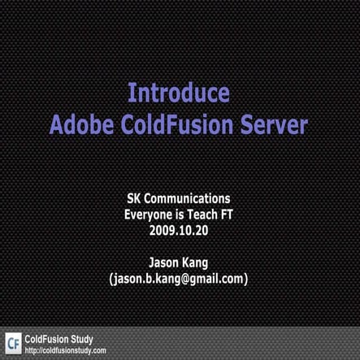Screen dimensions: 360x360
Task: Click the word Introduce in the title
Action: (179, 93)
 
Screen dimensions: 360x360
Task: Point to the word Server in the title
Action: (273, 125)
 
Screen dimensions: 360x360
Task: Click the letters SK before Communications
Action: (135, 198)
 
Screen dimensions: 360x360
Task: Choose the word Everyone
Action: (150, 215)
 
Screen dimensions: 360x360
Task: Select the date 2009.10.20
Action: (180, 231)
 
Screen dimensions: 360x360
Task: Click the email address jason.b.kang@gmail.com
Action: (179, 279)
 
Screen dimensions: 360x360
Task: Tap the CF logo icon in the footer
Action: (13, 343)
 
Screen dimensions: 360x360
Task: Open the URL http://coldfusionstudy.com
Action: (66, 350)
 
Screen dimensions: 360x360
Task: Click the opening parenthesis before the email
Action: (111, 279)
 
